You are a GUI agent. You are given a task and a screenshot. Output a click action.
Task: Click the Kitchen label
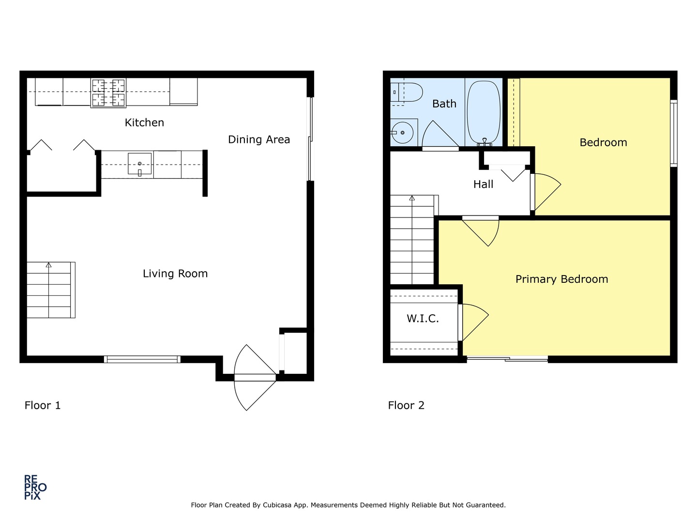click(x=144, y=122)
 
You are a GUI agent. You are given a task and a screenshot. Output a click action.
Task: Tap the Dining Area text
click(x=259, y=139)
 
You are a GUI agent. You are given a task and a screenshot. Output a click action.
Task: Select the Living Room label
click(x=175, y=274)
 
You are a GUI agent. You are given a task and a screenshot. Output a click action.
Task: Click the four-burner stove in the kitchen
click(x=108, y=92)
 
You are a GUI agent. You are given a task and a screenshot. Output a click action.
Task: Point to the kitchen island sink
click(x=140, y=164)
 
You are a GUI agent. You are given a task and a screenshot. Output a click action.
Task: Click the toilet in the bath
click(x=407, y=92)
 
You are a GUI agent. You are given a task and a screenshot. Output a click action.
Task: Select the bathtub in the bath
click(x=484, y=113)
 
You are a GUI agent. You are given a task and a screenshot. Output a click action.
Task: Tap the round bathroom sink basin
click(x=402, y=133)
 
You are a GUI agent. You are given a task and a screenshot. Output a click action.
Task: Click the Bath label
click(x=444, y=104)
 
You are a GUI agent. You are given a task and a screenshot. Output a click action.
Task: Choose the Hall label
click(x=483, y=184)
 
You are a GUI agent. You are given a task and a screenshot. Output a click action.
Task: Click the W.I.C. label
click(x=423, y=319)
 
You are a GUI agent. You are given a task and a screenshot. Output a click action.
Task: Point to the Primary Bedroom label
click(x=561, y=279)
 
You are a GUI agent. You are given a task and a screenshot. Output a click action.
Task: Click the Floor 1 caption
click(x=43, y=405)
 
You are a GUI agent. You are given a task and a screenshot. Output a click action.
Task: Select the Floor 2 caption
click(x=406, y=405)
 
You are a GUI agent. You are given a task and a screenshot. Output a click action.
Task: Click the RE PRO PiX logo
click(x=35, y=488)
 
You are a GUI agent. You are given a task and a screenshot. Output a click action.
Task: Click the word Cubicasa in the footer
click(x=276, y=505)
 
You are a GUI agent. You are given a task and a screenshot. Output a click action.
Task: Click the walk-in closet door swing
click(x=475, y=323)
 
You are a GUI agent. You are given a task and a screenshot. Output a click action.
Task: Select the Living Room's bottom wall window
click(x=142, y=359)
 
